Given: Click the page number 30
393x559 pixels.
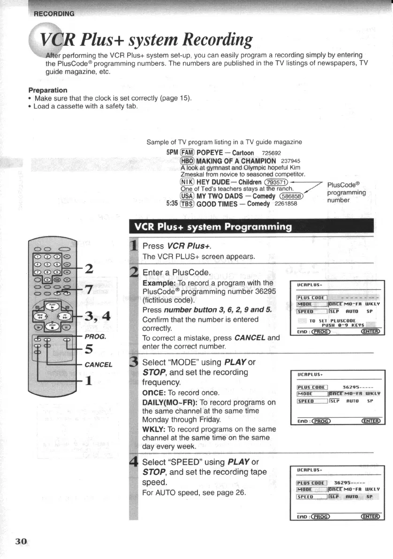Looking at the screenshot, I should [21, 542].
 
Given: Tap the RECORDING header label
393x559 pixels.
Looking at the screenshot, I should [53, 13].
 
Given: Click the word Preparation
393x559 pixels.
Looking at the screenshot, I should [48, 90].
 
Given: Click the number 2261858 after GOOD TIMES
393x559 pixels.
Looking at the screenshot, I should [286, 203].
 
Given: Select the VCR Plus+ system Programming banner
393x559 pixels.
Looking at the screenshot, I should [212, 227].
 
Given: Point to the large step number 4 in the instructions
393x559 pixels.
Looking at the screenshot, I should [133, 462].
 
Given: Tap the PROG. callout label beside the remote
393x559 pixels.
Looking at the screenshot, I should [95, 337].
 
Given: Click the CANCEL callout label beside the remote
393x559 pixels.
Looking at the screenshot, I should [98, 365].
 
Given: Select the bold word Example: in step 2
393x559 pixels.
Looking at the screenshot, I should [159, 283].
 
